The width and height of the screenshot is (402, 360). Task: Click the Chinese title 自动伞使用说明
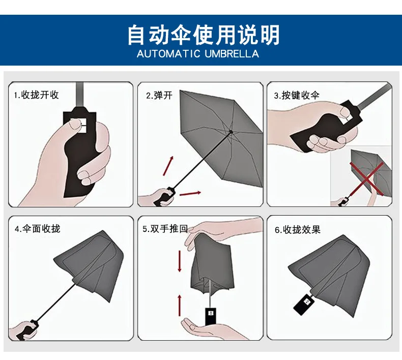point(204,35)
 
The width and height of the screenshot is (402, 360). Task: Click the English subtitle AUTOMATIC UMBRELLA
point(198,54)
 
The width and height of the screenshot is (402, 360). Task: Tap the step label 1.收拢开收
point(37,95)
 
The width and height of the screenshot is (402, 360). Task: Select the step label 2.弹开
point(159,96)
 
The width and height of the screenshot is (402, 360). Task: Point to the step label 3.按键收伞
point(297,95)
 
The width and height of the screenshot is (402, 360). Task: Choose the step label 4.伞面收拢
point(38,228)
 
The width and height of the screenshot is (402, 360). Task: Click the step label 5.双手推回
point(165,229)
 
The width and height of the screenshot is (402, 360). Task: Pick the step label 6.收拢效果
point(298,230)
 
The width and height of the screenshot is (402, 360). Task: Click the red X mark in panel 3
point(366,178)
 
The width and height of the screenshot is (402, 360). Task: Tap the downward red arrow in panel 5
point(180,261)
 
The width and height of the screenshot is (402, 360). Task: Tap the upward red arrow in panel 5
point(180,306)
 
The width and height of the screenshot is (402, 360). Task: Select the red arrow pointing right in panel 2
point(190,193)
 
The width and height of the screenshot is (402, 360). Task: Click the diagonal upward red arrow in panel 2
point(168,166)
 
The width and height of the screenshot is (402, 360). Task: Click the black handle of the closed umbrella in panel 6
point(304,305)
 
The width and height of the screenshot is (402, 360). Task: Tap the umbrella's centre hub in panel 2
point(231,132)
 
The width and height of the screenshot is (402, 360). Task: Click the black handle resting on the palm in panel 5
point(211,316)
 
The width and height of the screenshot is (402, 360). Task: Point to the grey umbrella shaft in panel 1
point(80,95)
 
